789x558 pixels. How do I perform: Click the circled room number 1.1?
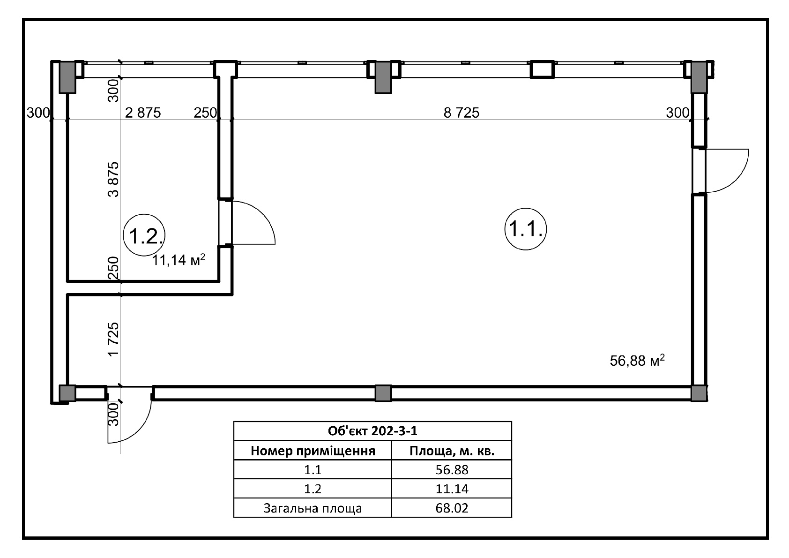pyautogui.click(x=526, y=229)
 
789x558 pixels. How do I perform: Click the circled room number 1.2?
pyautogui.click(x=144, y=235)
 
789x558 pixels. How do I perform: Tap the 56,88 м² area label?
pyautogui.click(x=637, y=361)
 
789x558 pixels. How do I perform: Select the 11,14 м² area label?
pyautogui.click(x=178, y=260)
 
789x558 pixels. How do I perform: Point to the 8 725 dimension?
pyautogui.click(x=461, y=113)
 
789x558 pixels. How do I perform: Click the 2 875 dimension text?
pyautogui.click(x=143, y=113)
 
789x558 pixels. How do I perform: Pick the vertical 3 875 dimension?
pyautogui.click(x=114, y=180)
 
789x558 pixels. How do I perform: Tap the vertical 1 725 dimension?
pyautogui.click(x=114, y=339)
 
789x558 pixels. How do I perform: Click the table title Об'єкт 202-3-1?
pyautogui.click(x=372, y=431)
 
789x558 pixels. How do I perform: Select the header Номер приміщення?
pyautogui.click(x=313, y=451)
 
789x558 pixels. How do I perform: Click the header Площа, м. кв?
pyautogui.click(x=452, y=451)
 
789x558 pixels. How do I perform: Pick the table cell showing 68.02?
pyautogui.click(x=452, y=508)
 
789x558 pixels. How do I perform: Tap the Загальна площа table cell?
pyautogui.click(x=313, y=508)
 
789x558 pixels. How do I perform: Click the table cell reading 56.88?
pyautogui.click(x=452, y=470)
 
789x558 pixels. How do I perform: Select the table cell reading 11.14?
pyautogui.click(x=452, y=489)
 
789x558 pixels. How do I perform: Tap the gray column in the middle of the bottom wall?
pyautogui.click(x=383, y=393)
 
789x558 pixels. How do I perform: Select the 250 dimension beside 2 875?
pyautogui.click(x=205, y=113)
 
